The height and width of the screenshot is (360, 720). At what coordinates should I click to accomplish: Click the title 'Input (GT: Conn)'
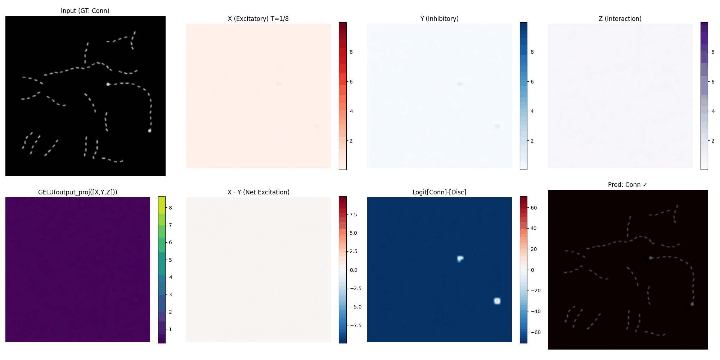(85, 11)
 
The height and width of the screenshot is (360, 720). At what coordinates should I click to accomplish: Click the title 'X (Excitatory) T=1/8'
(258, 19)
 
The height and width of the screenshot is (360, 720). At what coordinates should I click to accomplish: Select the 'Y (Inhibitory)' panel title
(439, 19)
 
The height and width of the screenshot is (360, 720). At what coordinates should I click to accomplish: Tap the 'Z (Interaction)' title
(620, 19)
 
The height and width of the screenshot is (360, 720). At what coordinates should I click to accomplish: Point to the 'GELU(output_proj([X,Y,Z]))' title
(78, 192)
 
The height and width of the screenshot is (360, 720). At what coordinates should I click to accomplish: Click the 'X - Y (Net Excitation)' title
(258, 192)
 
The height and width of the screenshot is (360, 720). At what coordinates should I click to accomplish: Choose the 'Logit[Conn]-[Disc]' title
(439, 192)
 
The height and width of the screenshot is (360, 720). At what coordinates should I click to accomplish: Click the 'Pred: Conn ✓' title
(627, 185)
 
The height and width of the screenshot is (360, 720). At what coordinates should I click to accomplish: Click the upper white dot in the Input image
(108, 84)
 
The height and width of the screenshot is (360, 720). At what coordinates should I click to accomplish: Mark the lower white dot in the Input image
(150, 130)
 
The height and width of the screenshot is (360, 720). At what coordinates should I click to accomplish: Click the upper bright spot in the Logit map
(460, 258)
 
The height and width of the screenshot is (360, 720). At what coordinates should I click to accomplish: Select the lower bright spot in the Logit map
(497, 301)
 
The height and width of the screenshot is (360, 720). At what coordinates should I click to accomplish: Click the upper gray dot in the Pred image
(651, 258)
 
